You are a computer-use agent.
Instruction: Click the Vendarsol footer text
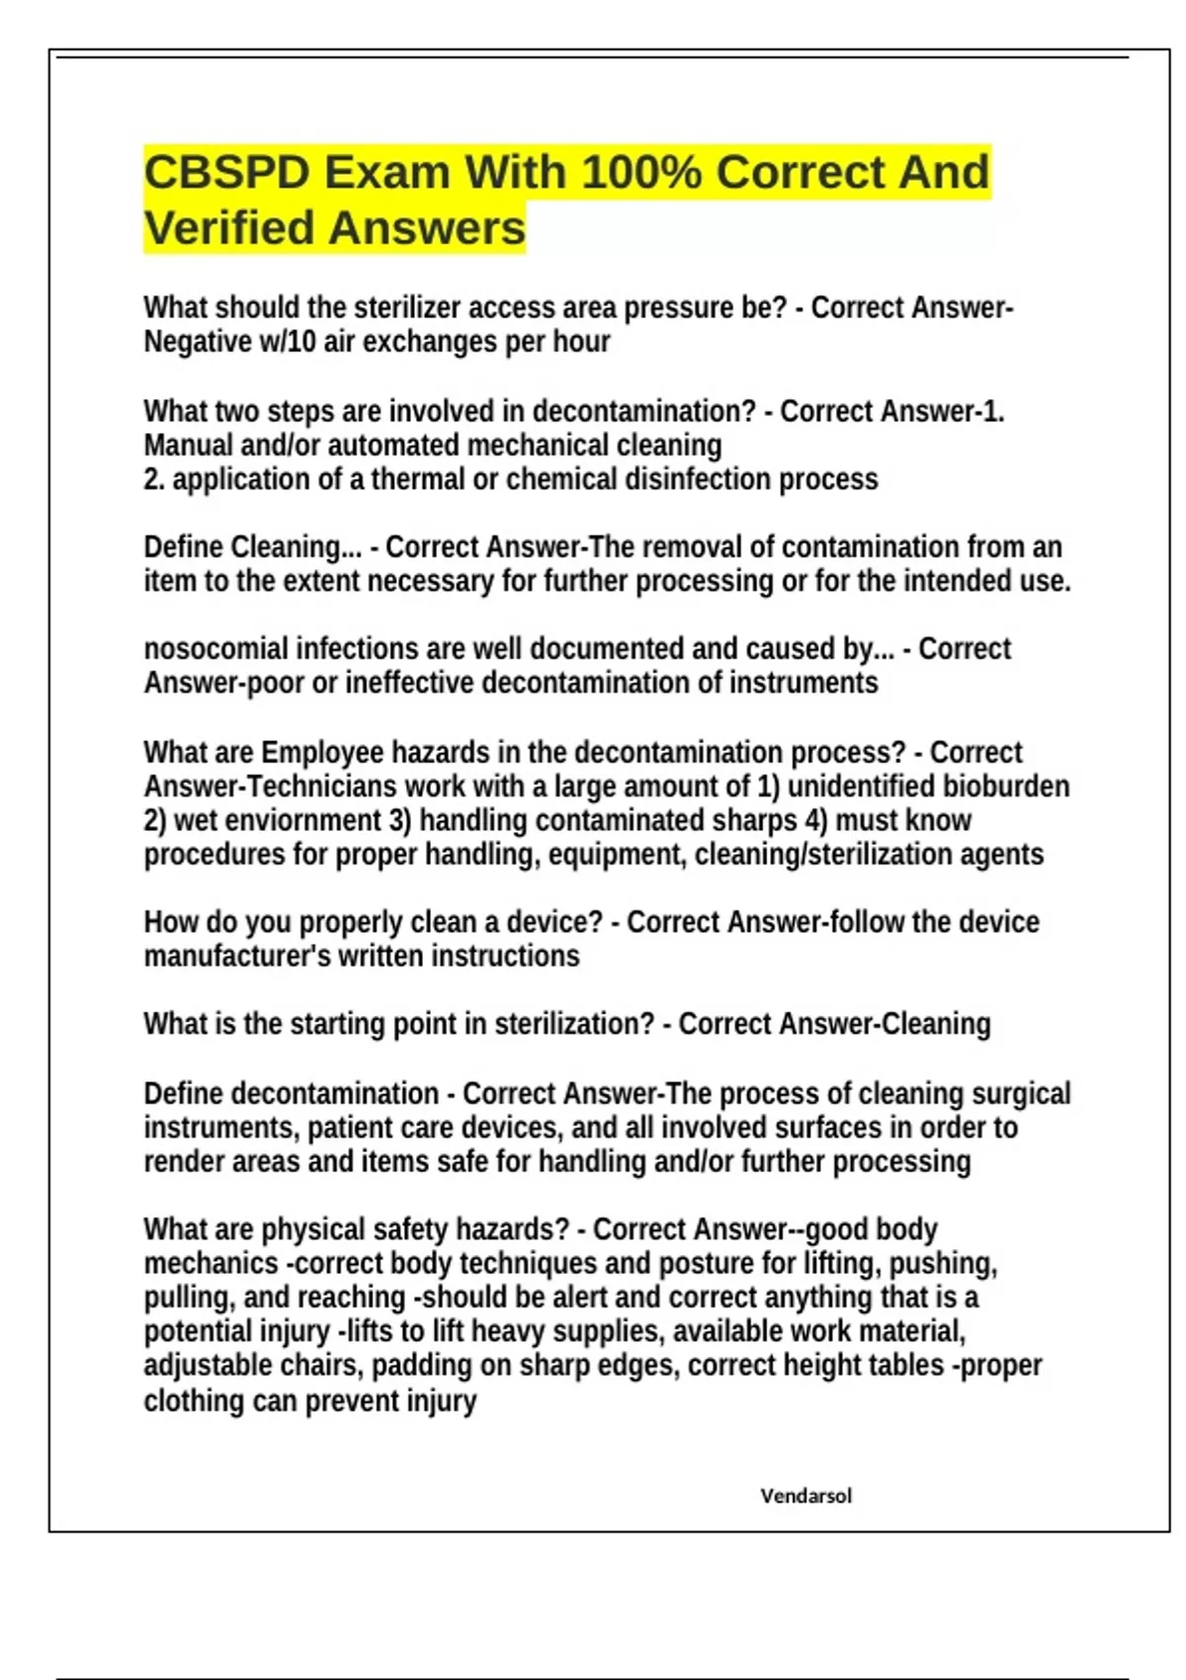[805, 1495]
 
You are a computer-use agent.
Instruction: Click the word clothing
[191, 1401]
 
